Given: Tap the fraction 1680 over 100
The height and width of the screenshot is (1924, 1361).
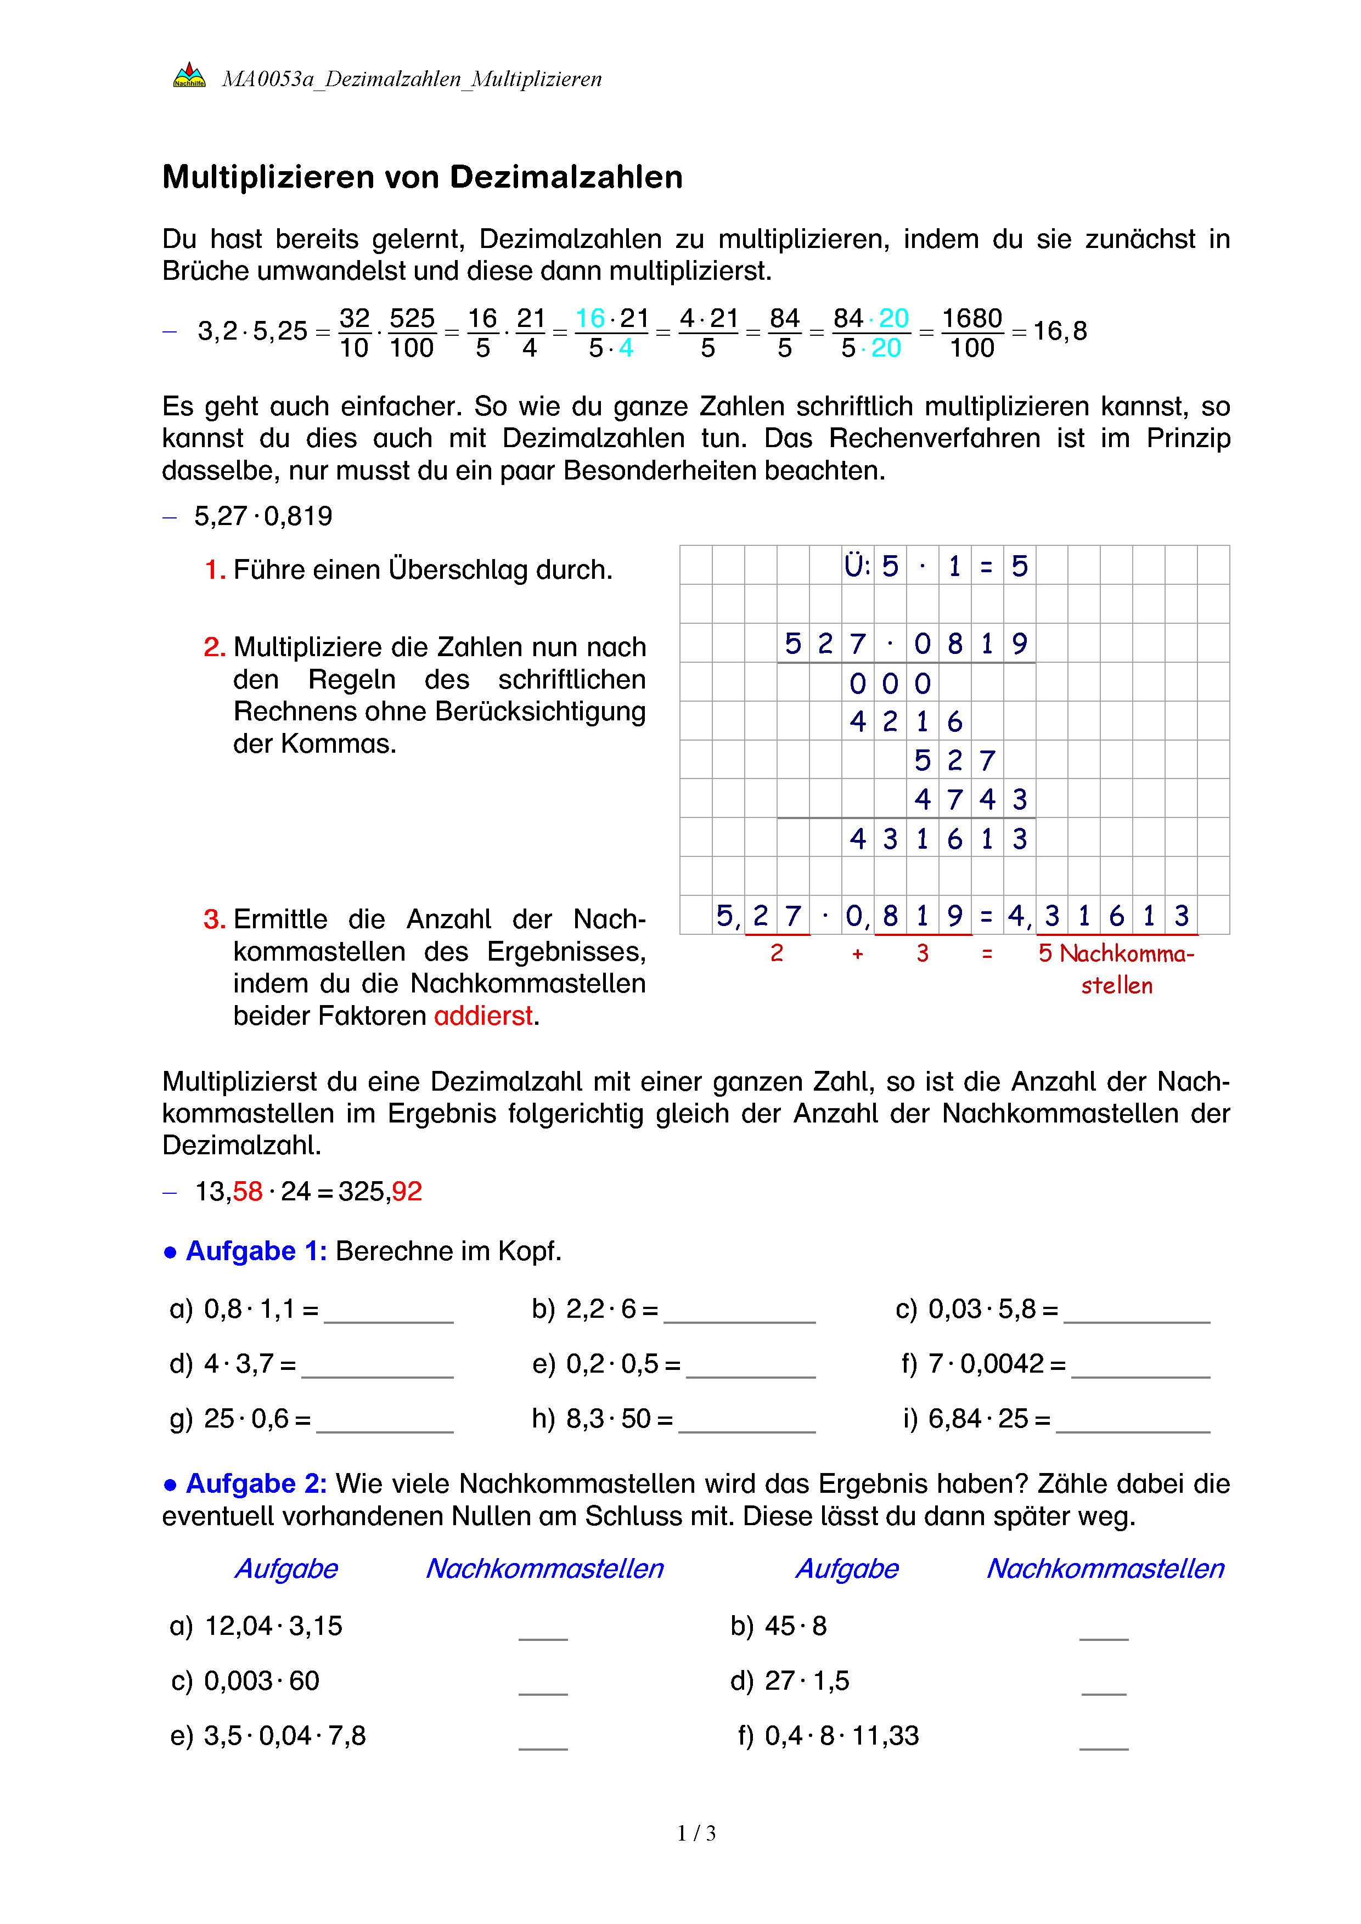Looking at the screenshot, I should (x=971, y=332).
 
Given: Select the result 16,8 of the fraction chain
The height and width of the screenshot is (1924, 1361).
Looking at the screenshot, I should (x=1060, y=331).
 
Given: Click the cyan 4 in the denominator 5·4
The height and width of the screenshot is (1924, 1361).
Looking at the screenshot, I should (x=626, y=348).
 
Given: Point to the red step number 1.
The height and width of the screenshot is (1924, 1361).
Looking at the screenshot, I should (x=215, y=570).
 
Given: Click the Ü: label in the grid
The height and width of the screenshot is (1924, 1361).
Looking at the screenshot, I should (x=857, y=566).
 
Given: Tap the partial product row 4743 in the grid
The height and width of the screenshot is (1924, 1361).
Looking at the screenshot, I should (x=970, y=799).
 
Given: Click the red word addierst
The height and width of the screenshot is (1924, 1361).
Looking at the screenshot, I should (x=483, y=1015).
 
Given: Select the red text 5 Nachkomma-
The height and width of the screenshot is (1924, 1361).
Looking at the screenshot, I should (x=1116, y=953).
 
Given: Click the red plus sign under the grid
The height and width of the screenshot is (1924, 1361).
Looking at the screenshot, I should (x=857, y=953).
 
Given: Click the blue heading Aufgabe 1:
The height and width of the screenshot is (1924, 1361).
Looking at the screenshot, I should (x=256, y=1250).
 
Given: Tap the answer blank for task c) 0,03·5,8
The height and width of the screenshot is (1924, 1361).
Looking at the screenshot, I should (x=1137, y=1313).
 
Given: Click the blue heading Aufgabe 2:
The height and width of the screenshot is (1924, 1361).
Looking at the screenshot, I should (x=256, y=1483).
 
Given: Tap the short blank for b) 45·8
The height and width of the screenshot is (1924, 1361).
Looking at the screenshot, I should (x=1104, y=1630).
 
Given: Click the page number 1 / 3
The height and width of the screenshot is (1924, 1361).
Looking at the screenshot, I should (x=696, y=1833).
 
